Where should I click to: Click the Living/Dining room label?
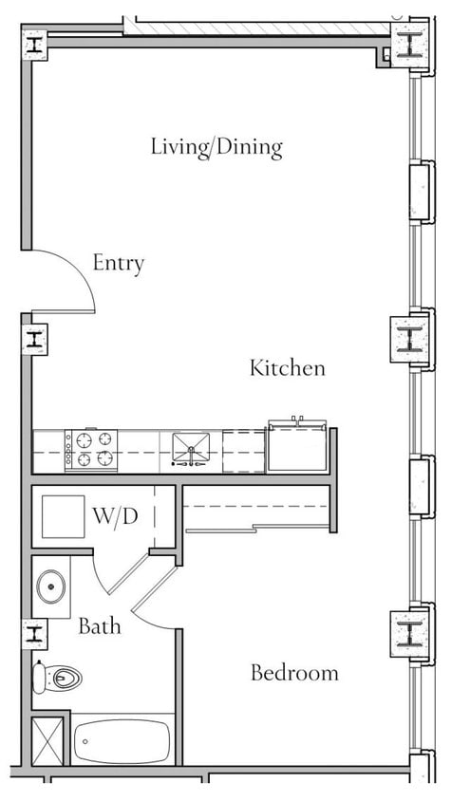(x=216, y=147)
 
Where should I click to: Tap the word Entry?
(x=118, y=263)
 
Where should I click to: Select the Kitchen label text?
(x=287, y=368)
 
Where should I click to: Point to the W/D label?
(x=115, y=517)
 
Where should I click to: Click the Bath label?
(x=99, y=626)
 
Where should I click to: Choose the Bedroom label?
(x=293, y=674)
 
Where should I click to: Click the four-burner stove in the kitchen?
(x=91, y=450)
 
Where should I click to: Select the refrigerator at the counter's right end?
(x=298, y=448)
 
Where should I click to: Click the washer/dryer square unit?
(x=63, y=518)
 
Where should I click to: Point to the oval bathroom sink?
(x=52, y=587)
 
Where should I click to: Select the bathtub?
(x=122, y=739)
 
